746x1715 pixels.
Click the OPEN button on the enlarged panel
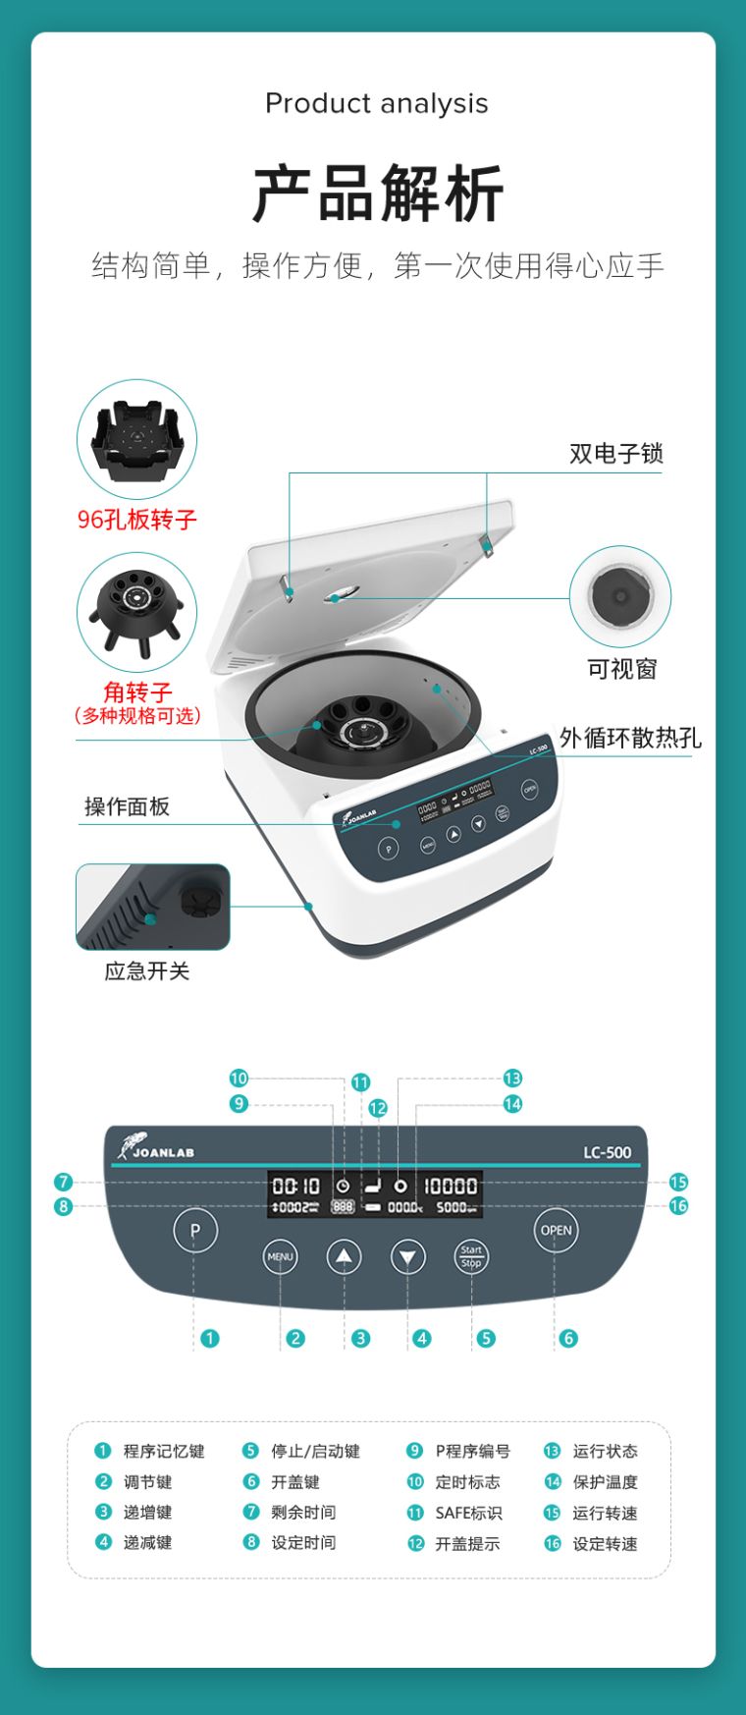click(x=556, y=1230)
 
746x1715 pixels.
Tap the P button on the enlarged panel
click(x=194, y=1230)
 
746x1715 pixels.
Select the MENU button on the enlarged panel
click(x=280, y=1256)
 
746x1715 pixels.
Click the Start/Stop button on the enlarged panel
click(x=471, y=1256)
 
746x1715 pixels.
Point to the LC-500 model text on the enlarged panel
click(x=607, y=1152)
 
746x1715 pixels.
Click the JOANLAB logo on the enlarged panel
click(x=156, y=1149)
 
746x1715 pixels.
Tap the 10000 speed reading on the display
click(x=451, y=1186)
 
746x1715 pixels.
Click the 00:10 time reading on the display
click(x=295, y=1186)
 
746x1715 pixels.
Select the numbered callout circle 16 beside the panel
click(x=678, y=1206)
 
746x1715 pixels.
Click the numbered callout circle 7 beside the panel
click(x=64, y=1183)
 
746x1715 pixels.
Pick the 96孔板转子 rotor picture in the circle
click(x=136, y=439)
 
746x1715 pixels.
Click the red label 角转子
click(x=137, y=692)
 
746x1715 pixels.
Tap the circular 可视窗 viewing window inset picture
click(x=620, y=596)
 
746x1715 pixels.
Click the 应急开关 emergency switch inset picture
click(x=153, y=907)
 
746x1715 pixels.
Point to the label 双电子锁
click(x=615, y=453)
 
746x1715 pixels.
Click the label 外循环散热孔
click(x=630, y=738)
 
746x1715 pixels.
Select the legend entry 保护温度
click(x=605, y=1482)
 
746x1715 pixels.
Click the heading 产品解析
click(x=378, y=194)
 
